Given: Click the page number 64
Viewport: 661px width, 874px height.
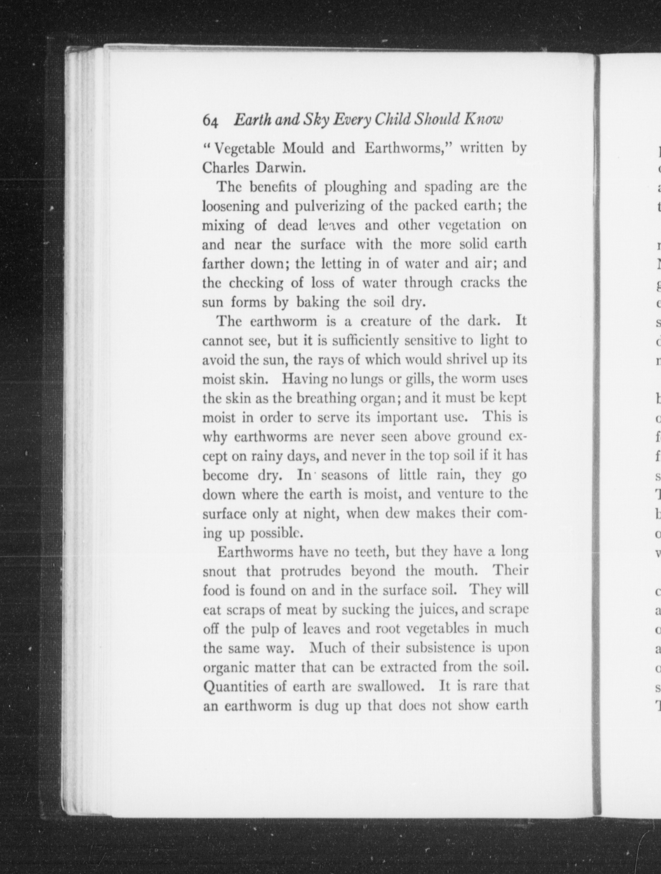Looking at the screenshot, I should [210, 120].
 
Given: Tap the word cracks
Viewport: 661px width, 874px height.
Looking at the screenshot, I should [480, 283].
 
